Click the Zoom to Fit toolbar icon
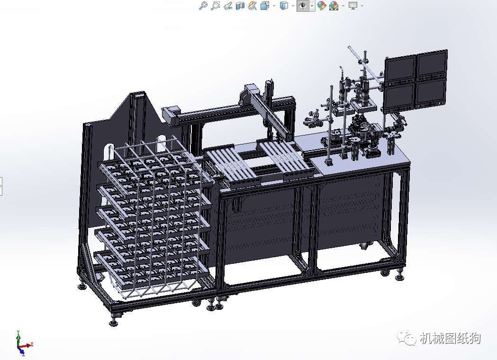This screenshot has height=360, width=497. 203,5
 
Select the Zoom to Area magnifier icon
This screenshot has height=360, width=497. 215,5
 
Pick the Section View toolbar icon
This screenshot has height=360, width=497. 240,6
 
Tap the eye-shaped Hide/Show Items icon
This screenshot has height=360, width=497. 303,6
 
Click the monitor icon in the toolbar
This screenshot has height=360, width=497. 353,5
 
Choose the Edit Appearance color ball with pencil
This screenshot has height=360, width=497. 322,5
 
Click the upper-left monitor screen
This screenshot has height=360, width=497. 400,68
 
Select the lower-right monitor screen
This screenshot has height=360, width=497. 431,92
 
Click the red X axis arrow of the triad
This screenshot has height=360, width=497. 27,345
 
